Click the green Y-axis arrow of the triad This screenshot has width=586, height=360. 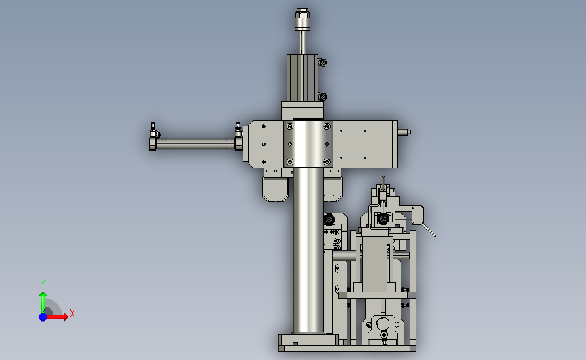tap(43, 302)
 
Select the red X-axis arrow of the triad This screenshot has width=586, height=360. tap(56, 317)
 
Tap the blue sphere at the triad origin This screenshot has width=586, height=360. tap(43, 317)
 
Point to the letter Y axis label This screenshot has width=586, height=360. tap(43, 284)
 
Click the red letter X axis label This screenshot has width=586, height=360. tap(72, 313)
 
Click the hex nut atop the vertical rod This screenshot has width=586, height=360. tap(302, 14)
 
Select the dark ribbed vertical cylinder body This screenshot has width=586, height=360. tap(302, 78)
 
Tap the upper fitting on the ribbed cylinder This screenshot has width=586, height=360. tap(322, 62)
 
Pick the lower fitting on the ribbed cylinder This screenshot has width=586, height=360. tap(322, 97)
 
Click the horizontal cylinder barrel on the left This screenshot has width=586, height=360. tap(196, 144)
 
